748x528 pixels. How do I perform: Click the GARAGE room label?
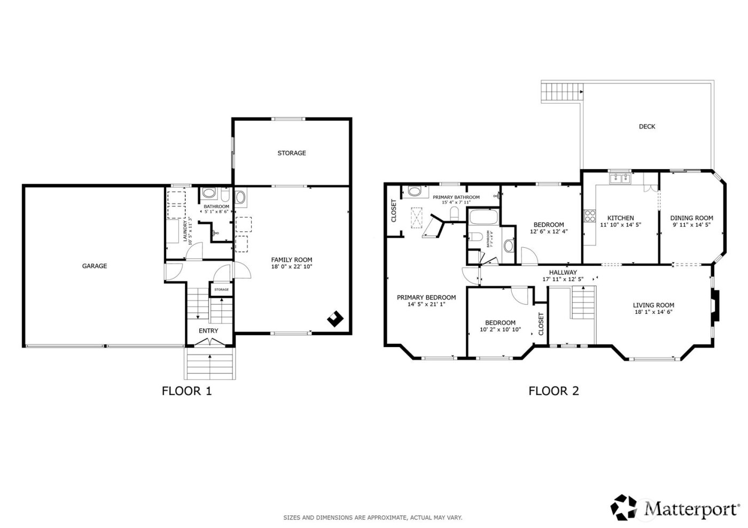coord(94,266)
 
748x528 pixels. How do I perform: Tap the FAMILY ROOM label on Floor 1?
coord(291,260)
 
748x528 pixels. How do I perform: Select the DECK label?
coord(646,127)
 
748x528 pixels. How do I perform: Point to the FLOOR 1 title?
coord(186,391)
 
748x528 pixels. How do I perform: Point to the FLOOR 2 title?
coord(554,391)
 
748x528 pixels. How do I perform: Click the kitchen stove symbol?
coord(590,216)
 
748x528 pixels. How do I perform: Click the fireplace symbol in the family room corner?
coord(336,318)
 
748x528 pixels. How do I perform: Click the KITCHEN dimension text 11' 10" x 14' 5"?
coord(620,225)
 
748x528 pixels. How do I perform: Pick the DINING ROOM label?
coord(691,218)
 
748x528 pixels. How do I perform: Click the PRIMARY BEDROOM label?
coord(426,297)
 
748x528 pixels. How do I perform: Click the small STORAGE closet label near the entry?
coord(221,290)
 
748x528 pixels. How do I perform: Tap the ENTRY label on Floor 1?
coord(208,330)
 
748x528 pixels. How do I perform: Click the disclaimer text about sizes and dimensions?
coord(372,517)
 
